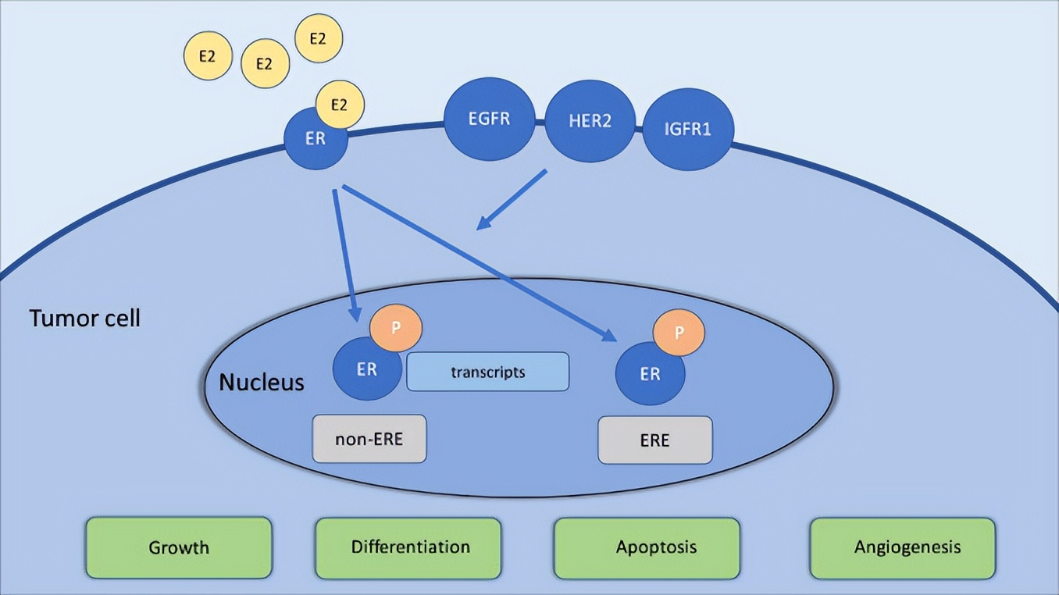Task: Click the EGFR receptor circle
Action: coord(490,119)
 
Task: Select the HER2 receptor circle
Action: coord(590,122)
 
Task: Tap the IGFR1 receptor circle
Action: coord(687,128)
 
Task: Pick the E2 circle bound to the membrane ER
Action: coord(340,105)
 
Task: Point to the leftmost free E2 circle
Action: coord(208,55)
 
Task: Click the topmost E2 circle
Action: coord(318,37)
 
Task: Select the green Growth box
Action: coord(179,547)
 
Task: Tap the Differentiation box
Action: coord(408,547)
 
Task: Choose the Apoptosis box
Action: coord(646,547)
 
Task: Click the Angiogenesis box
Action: coord(903,547)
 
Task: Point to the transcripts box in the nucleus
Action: coord(487,372)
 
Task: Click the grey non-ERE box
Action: coord(369,439)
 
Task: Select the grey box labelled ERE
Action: coord(654,440)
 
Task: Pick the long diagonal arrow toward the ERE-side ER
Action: coord(476,262)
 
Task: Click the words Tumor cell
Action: coord(85,319)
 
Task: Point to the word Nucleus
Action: coord(261,383)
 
